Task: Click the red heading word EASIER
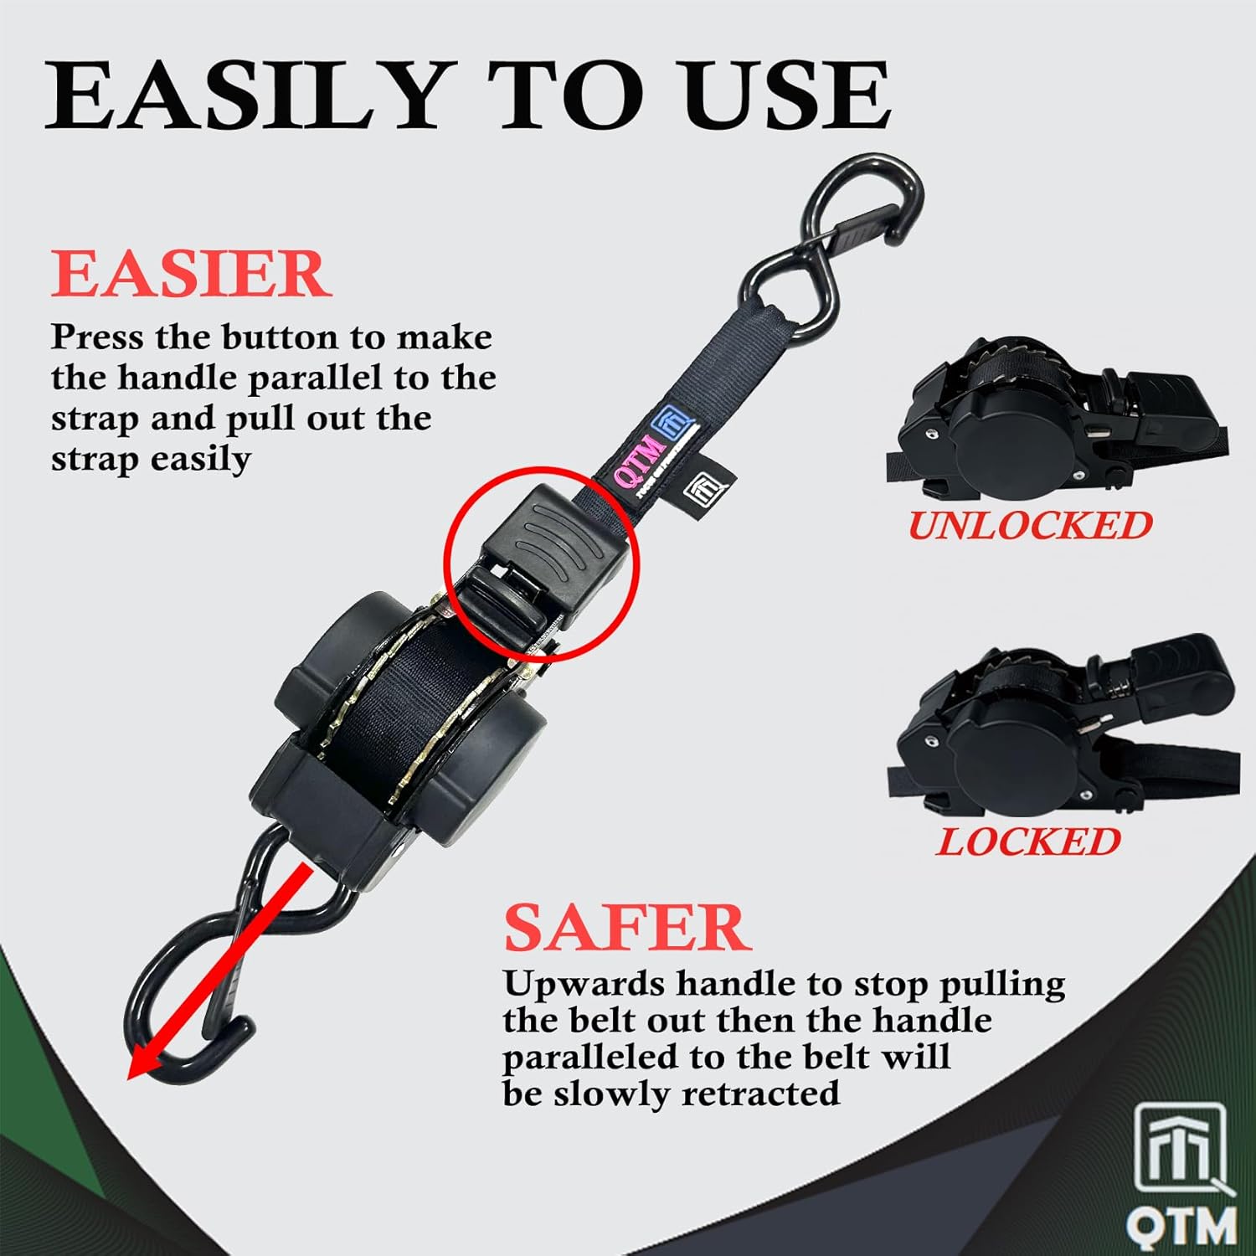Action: pyautogui.click(x=191, y=274)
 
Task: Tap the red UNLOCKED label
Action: pyautogui.click(x=1030, y=526)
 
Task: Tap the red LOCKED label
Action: pyautogui.click(x=1028, y=842)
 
